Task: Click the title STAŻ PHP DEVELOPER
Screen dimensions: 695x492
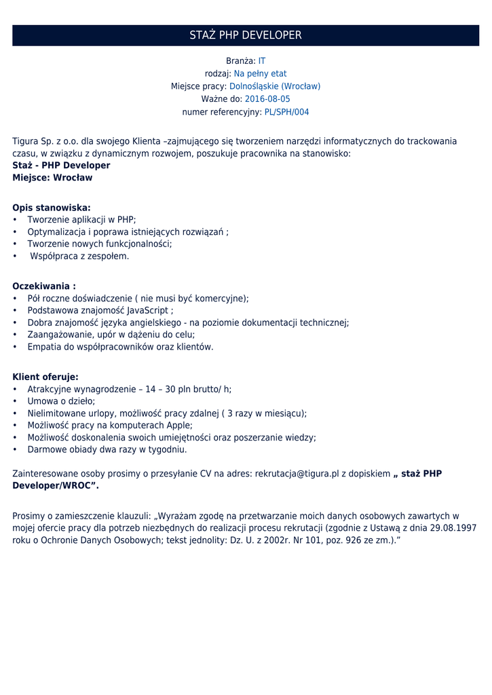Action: point(246,35)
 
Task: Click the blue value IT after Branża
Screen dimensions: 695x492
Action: point(262,61)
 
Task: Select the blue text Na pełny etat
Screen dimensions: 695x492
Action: point(260,74)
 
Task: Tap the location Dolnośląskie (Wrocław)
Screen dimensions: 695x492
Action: point(275,87)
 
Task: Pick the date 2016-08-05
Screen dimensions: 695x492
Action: point(267,99)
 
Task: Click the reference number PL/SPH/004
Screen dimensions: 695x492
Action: point(286,112)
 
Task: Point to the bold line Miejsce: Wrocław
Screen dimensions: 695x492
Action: point(52,178)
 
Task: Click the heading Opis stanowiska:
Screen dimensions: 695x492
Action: point(52,208)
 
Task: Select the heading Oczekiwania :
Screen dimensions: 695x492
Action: point(44,286)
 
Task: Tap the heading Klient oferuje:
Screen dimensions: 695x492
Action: point(45,377)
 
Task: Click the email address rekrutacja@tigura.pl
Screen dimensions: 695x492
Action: point(297,474)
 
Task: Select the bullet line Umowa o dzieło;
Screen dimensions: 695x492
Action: point(61,402)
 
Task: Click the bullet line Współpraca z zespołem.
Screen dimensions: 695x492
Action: point(79,257)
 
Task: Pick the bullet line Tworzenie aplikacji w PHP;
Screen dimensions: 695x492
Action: point(81,220)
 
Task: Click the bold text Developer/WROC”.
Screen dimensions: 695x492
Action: point(56,486)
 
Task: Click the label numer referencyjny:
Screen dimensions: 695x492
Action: point(222,112)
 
